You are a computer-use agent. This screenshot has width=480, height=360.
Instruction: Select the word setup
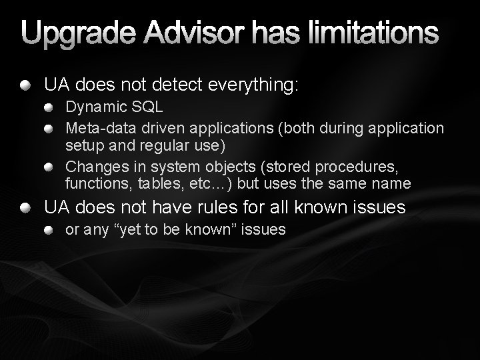coord(83,145)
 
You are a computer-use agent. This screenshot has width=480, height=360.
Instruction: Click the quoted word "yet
coord(133,231)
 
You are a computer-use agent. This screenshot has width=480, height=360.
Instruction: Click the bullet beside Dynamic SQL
coord(51,108)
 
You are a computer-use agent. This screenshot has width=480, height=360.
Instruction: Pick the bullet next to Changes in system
coord(51,165)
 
